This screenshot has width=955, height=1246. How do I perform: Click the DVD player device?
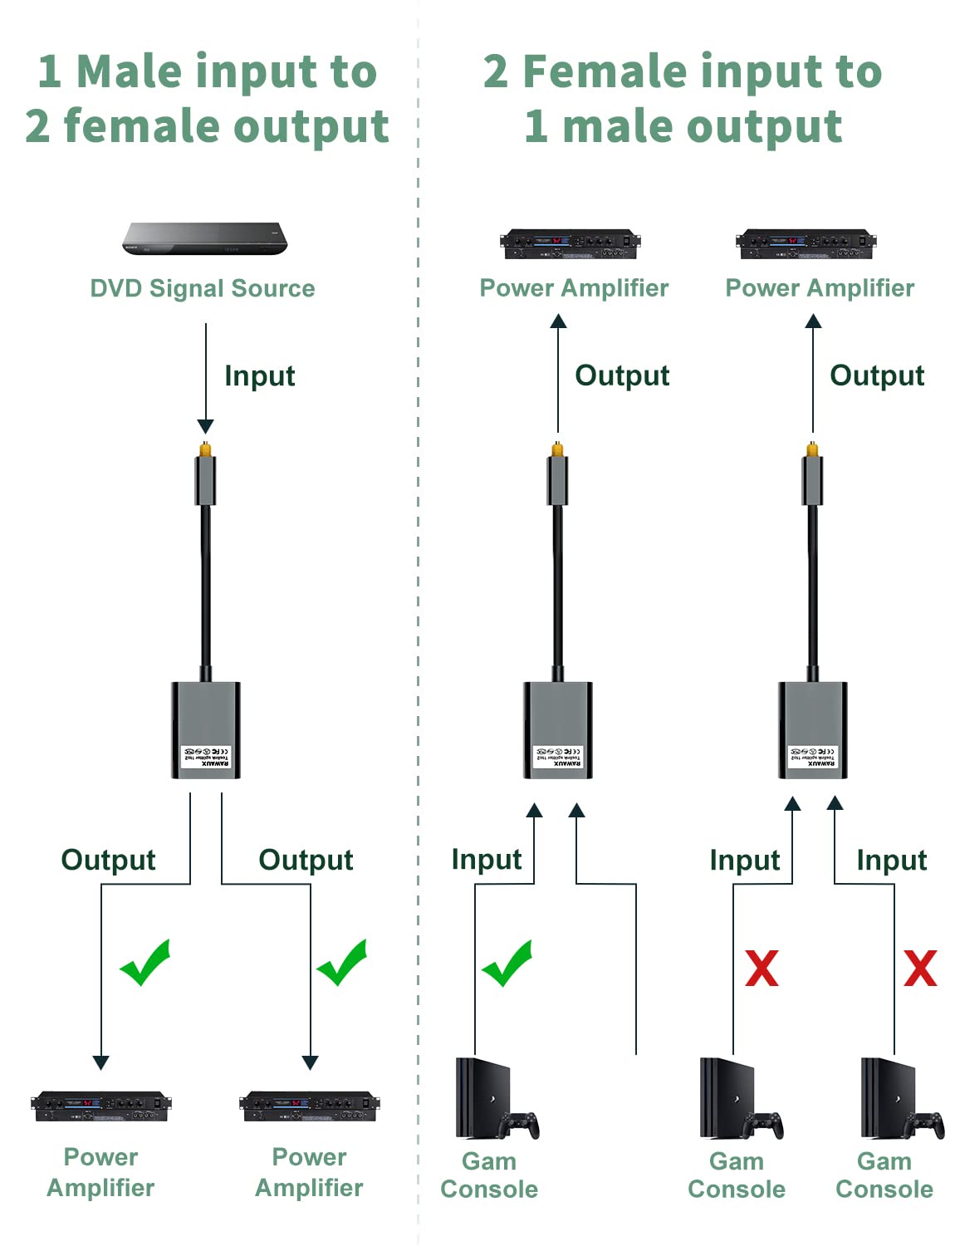click(205, 238)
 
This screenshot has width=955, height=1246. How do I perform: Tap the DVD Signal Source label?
click(203, 288)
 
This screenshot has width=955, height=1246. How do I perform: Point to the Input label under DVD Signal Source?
click(259, 375)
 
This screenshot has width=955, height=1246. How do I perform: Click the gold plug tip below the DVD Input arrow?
click(205, 449)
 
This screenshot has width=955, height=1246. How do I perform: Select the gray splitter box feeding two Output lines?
click(205, 729)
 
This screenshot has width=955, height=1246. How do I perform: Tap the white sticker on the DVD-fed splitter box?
click(206, 755)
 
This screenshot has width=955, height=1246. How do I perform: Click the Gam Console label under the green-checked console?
click(489, 1175)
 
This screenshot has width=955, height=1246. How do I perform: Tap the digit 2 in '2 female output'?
click(37, 126)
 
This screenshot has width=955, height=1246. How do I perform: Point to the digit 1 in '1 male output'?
click(536, 126)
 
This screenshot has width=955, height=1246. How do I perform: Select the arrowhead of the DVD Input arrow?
click(205, 426)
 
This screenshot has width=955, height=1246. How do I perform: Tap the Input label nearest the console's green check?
click(486, 859)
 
